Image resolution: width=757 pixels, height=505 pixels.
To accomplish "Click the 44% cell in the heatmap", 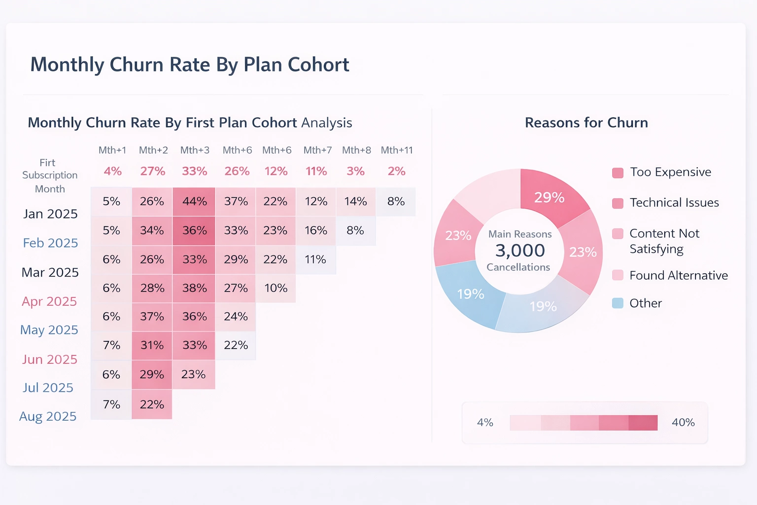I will (x=194, y=202).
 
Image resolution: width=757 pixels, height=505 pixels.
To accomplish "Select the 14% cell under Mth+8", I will (x=355, y=202).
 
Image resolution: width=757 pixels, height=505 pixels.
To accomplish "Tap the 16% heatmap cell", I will (x=316, y=230).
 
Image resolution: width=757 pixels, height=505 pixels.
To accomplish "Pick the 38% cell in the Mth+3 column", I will (x=194, y=288).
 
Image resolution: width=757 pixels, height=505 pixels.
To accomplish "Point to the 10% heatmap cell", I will (x=275, y=288).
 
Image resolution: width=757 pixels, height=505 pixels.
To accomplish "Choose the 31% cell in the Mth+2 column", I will (x=152, y=345).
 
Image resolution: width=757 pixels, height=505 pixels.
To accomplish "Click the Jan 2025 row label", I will (x=50, y=214).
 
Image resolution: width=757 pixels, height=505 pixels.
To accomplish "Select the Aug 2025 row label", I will (x=48, y=417).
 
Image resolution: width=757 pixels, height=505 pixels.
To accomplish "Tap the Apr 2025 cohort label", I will (x=49, y=301).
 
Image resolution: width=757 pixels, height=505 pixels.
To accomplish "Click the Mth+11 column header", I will (x=397, y=150).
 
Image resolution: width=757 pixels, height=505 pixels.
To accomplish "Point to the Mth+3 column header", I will (x=195, y=150).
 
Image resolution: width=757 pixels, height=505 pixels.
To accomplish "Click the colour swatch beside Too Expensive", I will (x=618, y=173).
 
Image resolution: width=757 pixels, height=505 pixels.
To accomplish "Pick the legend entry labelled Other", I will (x=645, y=303).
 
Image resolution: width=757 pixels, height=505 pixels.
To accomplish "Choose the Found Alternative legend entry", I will (x=678, y=276).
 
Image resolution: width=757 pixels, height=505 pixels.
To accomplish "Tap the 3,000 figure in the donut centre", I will (x=520, y=251).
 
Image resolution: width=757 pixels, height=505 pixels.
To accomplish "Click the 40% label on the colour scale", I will (x=683, y=423).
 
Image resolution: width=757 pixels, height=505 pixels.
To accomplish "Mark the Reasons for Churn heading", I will (x=586, y=123).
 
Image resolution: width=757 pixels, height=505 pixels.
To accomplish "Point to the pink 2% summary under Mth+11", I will (x=396, y=171).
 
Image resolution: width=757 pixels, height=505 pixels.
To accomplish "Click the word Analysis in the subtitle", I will (x=327, y=123).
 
